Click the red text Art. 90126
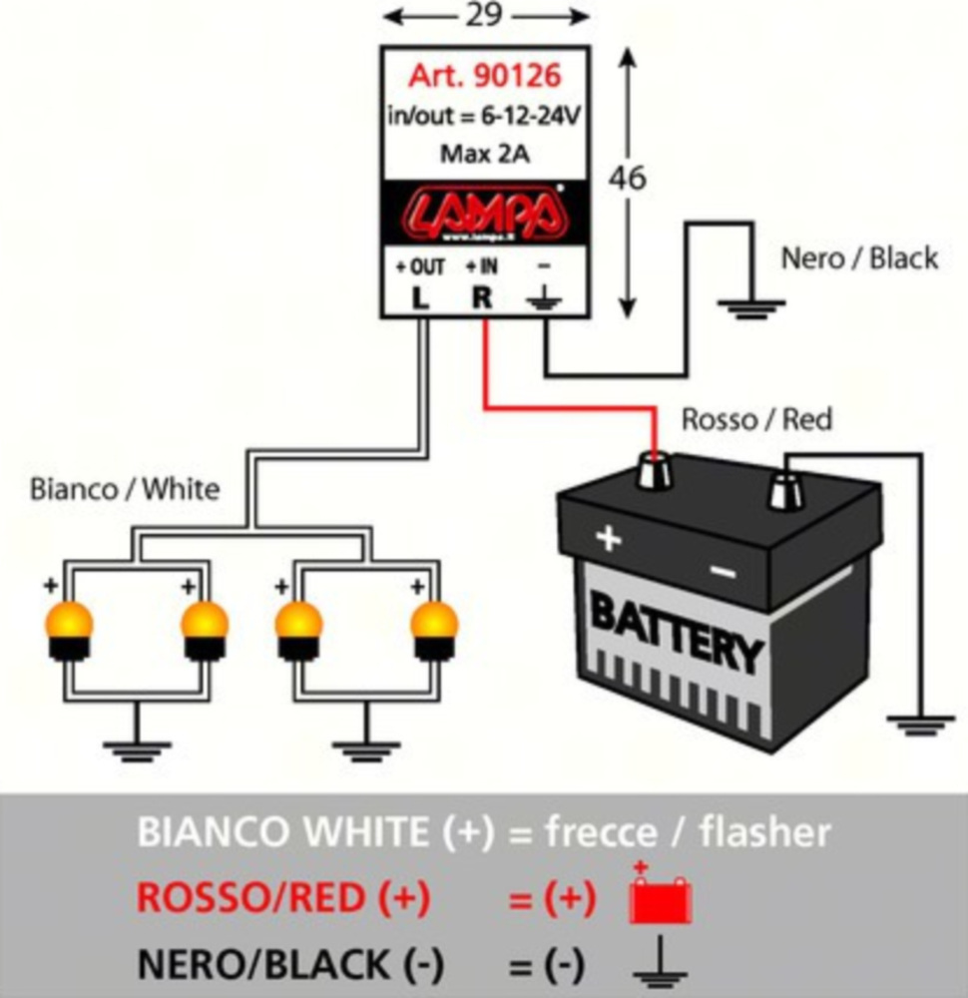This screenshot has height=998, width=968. [485, 76]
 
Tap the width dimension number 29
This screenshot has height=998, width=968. [485, 16]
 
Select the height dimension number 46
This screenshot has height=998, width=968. [628, 178]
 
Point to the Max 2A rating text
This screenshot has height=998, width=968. [485, 154]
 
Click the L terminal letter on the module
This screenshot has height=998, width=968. [420, 297]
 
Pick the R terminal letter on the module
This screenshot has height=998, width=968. [482, 297]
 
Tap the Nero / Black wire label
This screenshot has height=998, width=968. [859, 258]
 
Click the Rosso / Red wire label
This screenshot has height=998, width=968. [755, 420]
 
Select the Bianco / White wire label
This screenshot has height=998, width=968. [125, 490]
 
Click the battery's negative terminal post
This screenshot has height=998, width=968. [784, 490]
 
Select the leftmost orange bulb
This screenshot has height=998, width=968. [69, 628]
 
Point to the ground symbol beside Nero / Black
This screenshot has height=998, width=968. [741, 303]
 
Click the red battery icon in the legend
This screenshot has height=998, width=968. [660, 899]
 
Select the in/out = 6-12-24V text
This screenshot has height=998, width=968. [485, 115]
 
